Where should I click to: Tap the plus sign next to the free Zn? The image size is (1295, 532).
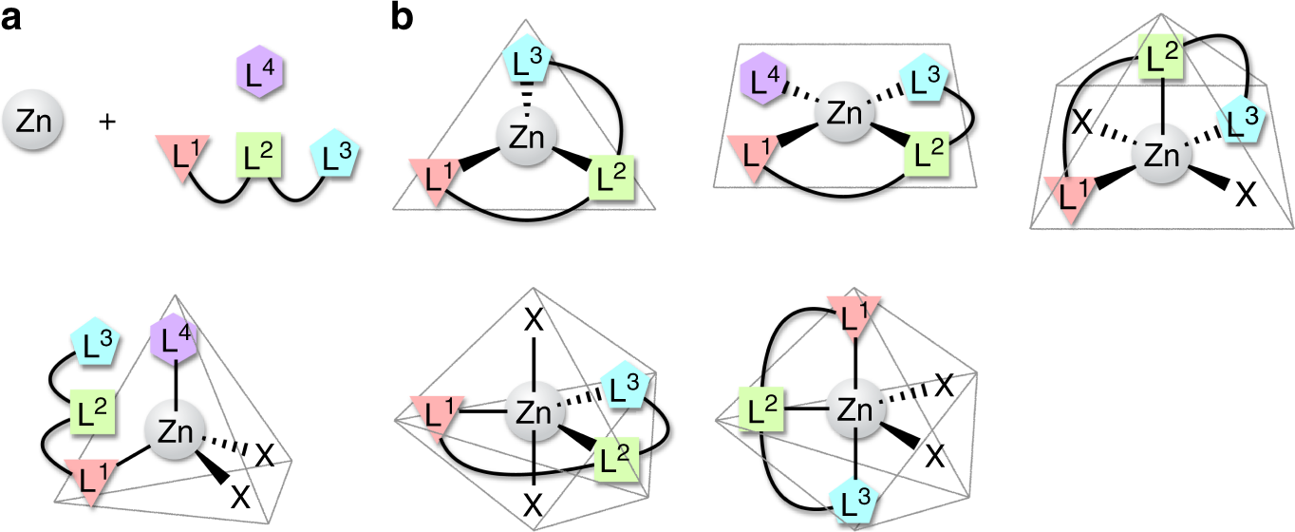pyautogui.click(x=108, y=122)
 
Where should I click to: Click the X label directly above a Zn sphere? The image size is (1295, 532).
pyautogui.click(x=535, y=321)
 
